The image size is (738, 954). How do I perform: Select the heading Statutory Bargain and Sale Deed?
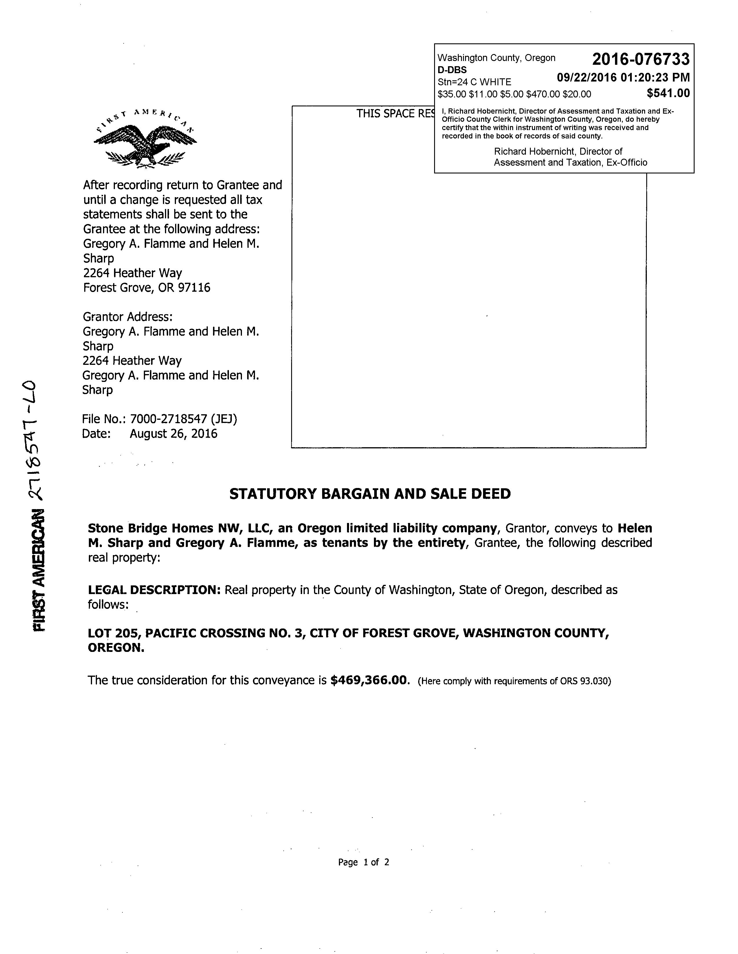click(370, 494)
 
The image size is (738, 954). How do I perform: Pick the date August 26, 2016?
click(174, 434)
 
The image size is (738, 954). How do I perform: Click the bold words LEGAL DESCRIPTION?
click(154, 590)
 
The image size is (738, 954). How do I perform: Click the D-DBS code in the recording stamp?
click(452, 70)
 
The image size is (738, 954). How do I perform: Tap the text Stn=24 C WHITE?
click(474, 82)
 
